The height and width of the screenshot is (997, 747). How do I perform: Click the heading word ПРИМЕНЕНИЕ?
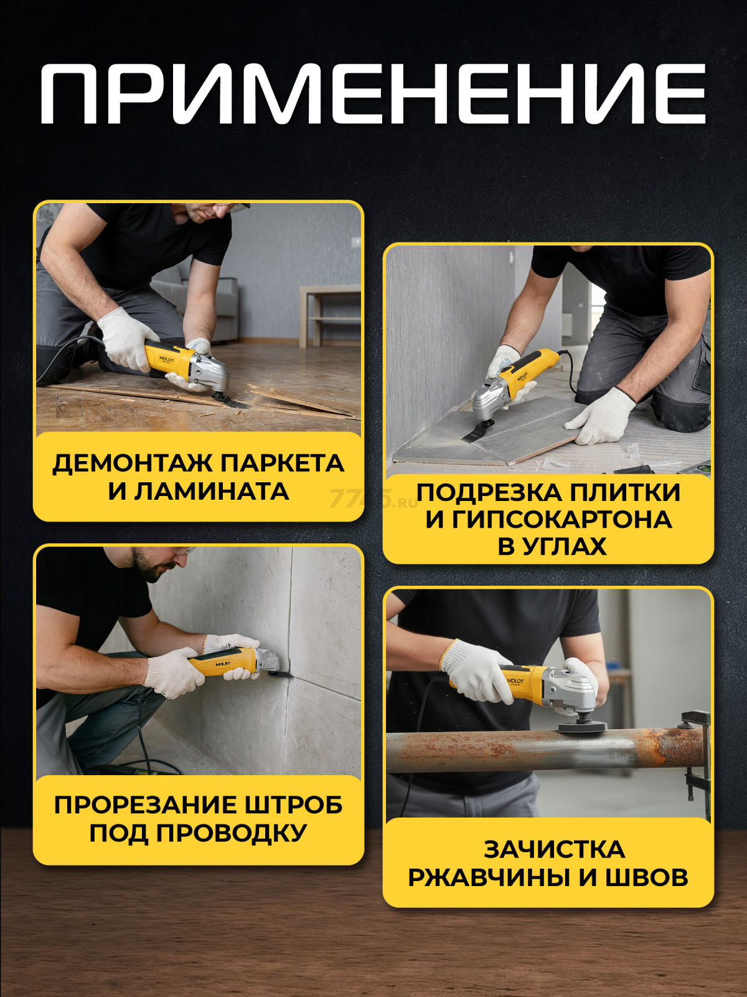point(374,93)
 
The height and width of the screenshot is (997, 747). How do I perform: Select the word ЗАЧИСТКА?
point(554,849)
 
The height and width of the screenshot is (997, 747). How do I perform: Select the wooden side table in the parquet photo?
point(330,316)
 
